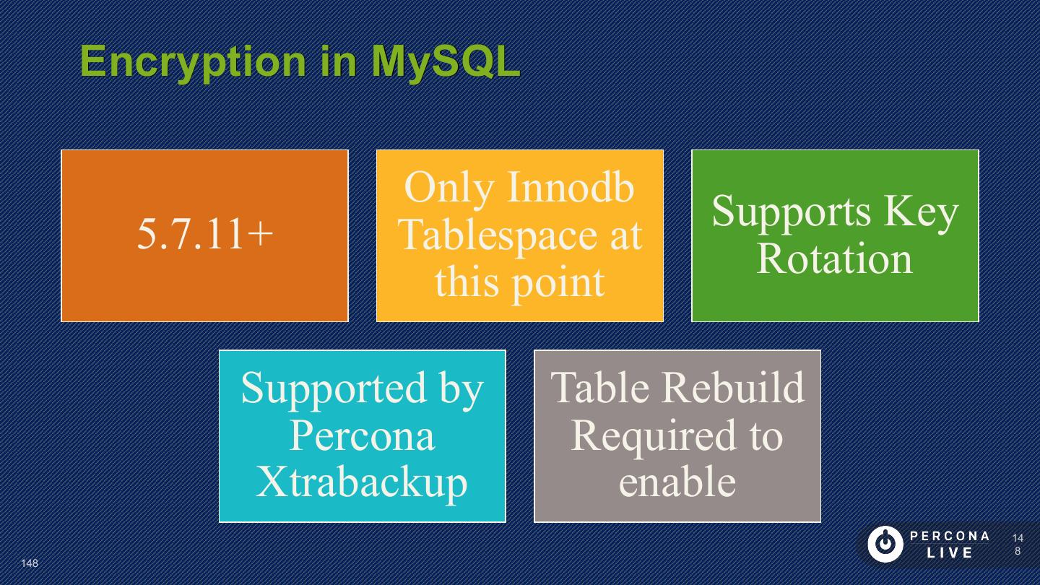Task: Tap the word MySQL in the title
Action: coord(446,61)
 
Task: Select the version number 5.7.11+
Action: coord(205,234)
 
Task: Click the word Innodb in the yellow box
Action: coord(571,186)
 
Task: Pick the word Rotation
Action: coord(835,259)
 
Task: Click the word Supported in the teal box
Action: coord(324,388)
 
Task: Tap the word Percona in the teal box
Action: coord(363,435)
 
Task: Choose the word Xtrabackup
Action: coord(363,482)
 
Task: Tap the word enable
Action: coord(677,482)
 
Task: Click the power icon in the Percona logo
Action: coord(885,544)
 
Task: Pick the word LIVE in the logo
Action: coord(950,553)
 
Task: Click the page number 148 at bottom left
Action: coord(30,563)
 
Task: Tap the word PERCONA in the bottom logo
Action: coord(950,536)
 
